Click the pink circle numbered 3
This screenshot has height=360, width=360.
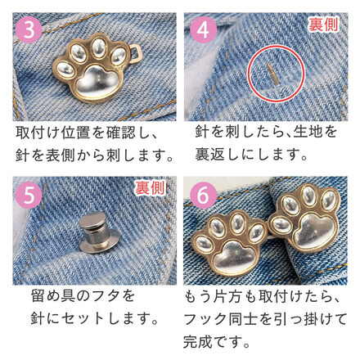29,29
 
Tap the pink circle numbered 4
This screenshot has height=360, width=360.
203,29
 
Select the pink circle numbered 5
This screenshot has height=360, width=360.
29,196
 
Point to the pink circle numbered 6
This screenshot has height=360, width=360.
203,196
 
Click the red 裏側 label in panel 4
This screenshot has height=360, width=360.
323,25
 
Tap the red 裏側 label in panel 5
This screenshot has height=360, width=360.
151,188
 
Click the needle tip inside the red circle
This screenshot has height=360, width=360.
268,65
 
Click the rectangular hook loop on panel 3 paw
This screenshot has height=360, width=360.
136,54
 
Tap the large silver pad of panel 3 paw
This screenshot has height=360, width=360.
96,83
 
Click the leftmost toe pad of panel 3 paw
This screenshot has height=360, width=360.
65,70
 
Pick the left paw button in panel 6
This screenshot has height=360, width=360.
228,243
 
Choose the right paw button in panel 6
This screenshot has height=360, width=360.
305,218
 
